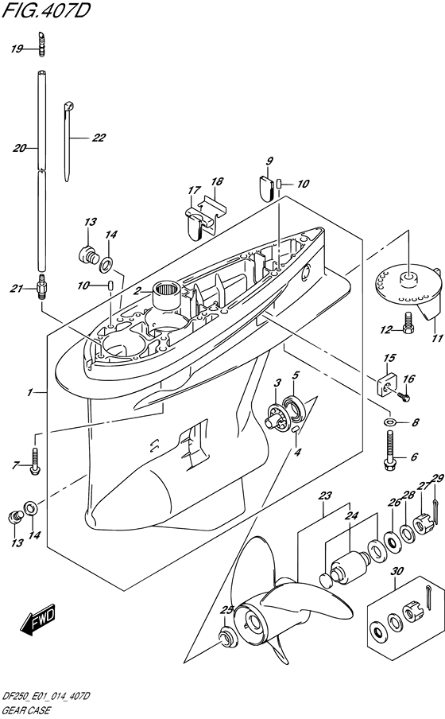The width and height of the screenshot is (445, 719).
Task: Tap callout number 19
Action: [x=17, y=49]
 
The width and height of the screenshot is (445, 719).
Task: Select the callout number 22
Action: [x=99, y=138]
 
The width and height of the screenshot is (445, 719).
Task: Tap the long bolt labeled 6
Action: [x=389, y=452]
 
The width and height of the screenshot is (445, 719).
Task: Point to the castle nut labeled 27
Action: [x=423, y=523]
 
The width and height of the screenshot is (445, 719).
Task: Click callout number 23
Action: [x=325, y=496]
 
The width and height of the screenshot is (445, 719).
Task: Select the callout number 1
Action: [x=29, y=393]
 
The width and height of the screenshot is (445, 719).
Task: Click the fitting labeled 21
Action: [x=41, y=288]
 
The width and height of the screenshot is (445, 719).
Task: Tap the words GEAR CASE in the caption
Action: [x=26, y=711]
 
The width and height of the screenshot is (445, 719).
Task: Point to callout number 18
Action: [x=217, y=181]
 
